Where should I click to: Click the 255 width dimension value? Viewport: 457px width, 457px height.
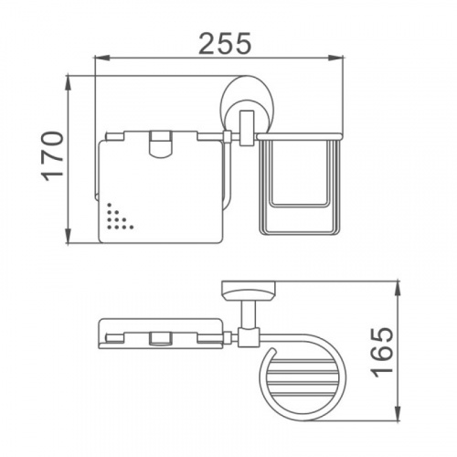coord(225,43)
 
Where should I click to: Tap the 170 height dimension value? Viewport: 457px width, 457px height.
coord(52,156)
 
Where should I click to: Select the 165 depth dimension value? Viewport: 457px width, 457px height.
coord(382,353)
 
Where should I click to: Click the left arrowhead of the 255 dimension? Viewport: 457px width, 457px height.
coord(102,58)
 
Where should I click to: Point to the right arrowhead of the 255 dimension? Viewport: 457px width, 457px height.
coord(336,58)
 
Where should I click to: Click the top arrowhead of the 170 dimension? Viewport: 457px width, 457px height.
coord(69,82)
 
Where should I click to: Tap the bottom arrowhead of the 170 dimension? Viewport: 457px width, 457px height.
coord(69,236)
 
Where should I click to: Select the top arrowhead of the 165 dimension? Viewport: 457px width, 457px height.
coord(398,288)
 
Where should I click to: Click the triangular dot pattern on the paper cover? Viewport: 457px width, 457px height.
coord(117,217)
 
